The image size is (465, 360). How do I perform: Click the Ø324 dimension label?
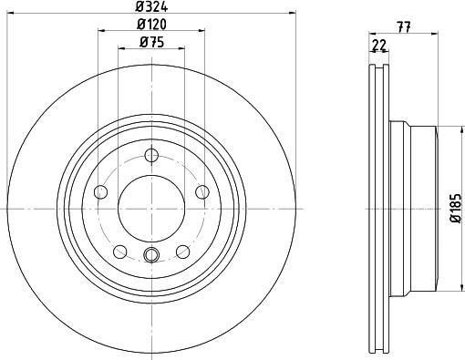(151, 6)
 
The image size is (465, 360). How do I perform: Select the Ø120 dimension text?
(151, 25)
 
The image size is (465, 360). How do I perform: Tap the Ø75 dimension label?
(151, 42)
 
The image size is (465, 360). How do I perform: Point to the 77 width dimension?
(404, 27)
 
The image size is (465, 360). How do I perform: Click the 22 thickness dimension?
(379, 46)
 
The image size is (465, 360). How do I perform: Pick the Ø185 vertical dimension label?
(456, 209)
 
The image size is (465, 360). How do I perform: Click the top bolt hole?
(151, 156)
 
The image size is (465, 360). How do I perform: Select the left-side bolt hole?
(101, 192)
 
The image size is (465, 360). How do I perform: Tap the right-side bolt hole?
(202, 192)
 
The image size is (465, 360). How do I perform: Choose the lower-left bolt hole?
(120, 252)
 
